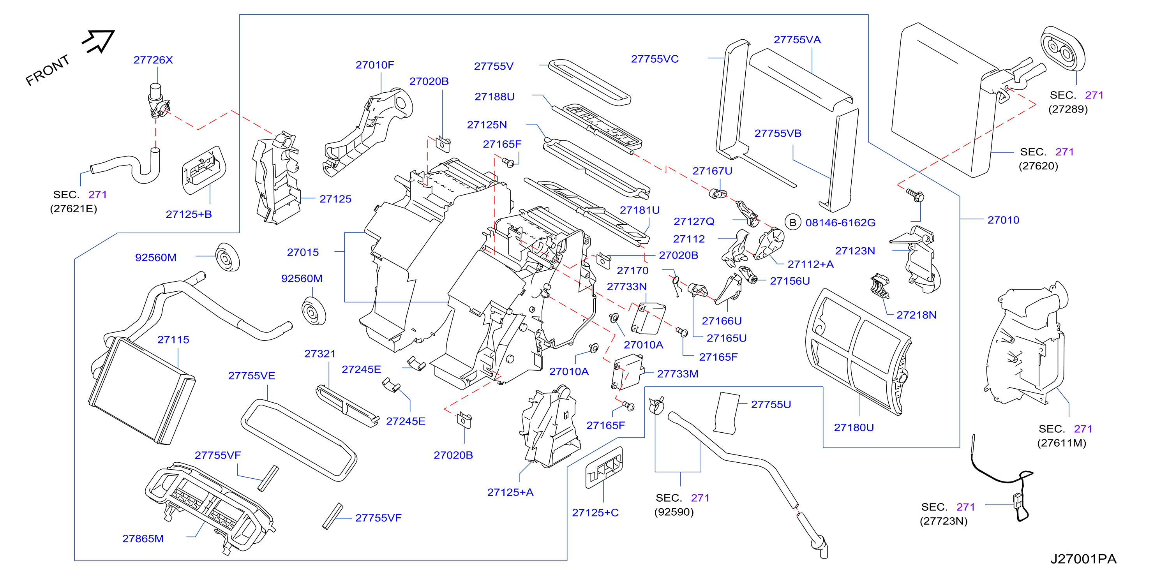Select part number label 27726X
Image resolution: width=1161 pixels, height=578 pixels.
(153, 60)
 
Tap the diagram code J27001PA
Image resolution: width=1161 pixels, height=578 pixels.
(1083, 559)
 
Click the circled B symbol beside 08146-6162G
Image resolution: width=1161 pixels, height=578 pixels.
(793, 222)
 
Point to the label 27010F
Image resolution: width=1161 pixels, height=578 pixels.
(375, 65)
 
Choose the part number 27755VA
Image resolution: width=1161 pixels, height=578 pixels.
(797, 40)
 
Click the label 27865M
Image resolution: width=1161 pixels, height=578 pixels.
(143, 539)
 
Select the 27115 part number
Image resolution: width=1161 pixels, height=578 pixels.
(173, 340)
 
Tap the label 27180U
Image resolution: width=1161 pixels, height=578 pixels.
(854, 428)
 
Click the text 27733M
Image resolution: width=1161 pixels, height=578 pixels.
(678, 374)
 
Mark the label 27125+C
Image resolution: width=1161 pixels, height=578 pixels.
(595, 513)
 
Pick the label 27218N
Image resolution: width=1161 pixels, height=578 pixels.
(916, 315)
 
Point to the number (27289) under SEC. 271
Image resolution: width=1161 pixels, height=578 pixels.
(1068, 109)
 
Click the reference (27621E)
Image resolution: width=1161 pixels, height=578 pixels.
(74, 209)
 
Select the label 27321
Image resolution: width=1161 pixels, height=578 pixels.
(320, 354)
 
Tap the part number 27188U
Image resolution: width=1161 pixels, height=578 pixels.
(494, 97)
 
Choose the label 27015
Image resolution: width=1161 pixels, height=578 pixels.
(303, 252)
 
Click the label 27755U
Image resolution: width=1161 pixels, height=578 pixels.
(771, 405)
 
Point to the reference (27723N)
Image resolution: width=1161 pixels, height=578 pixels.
(944, 521)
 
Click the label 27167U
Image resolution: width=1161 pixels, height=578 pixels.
(712, 171)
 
